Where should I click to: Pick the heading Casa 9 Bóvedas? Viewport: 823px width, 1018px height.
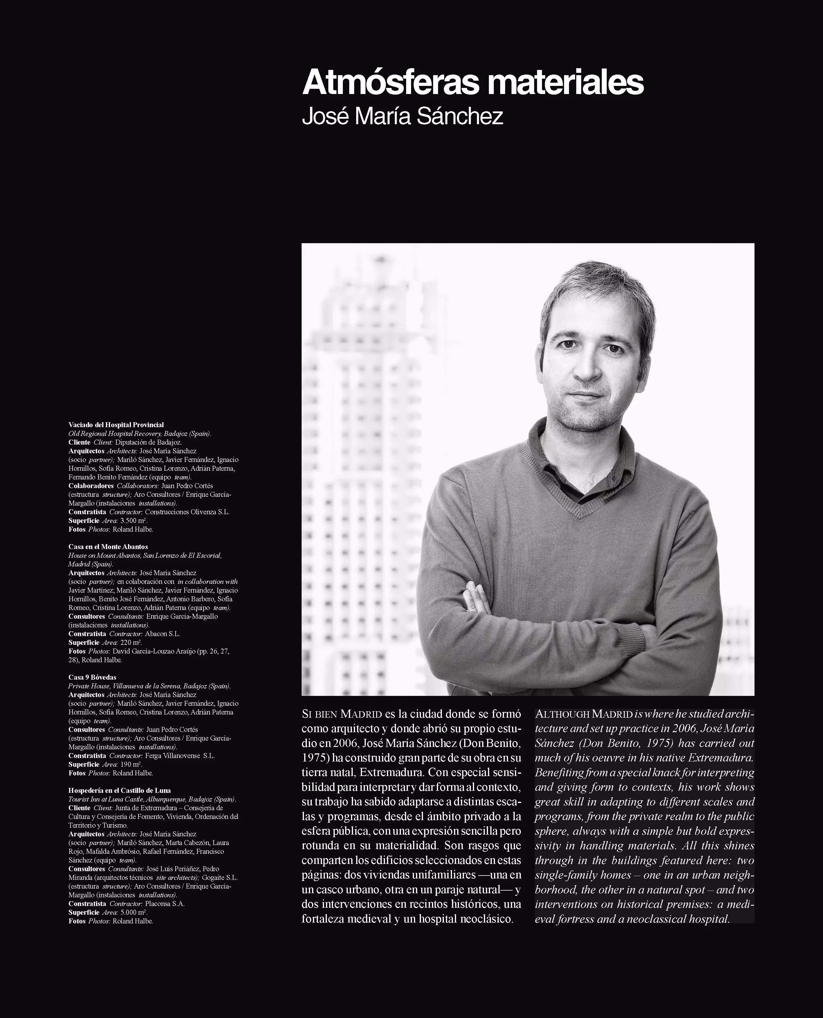[x=92, y=677]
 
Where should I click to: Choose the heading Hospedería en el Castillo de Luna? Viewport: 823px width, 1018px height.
[x=120, y=790]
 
